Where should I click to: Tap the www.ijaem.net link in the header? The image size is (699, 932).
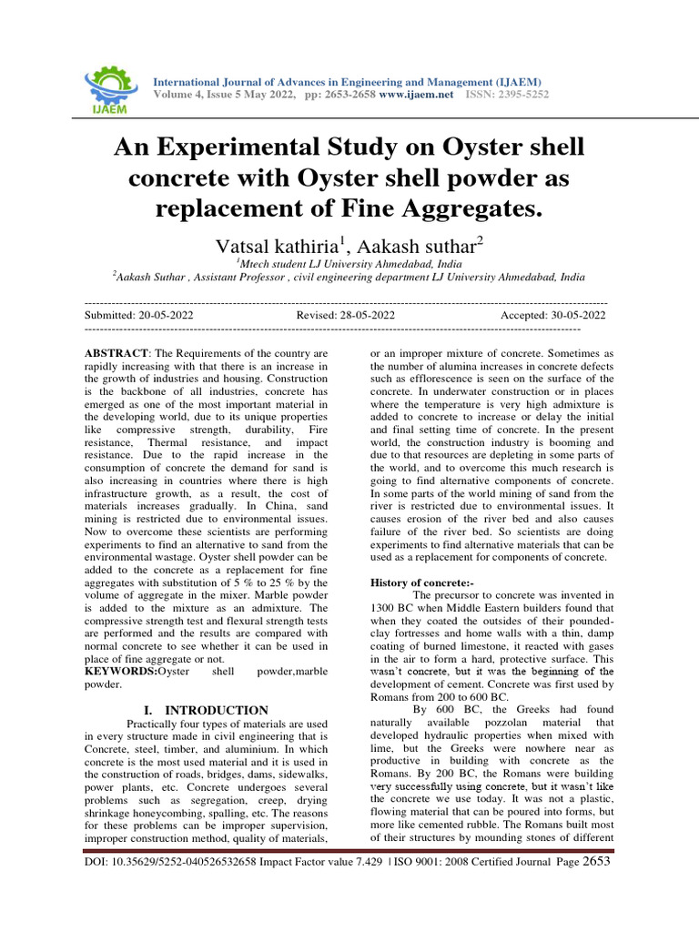tap(416, 94)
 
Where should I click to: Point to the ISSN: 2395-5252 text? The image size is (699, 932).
tap(508, 94)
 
